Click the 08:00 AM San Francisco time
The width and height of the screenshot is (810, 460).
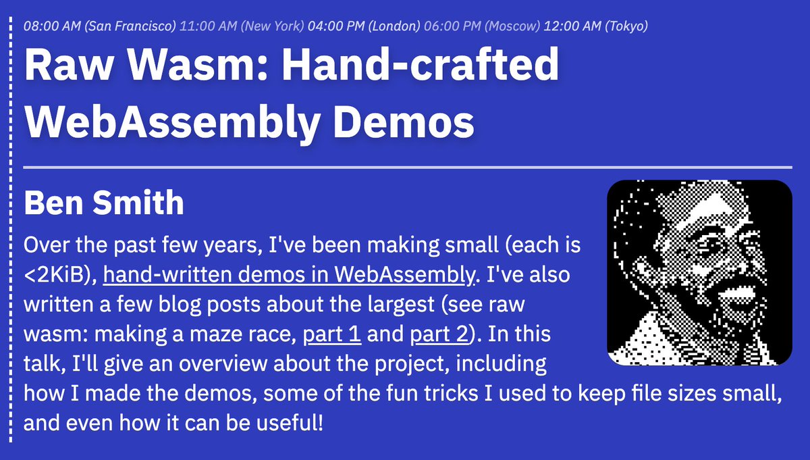[x=99, y=26]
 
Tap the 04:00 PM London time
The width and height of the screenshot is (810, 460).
[x=363, y=26]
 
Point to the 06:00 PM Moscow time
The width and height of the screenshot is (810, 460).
[x=482, y=26]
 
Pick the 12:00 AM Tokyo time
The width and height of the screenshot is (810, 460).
[x=596, y=26]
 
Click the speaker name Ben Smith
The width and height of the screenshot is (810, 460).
[x=103, y=203]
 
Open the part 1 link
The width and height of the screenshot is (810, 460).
[x=332, y=334]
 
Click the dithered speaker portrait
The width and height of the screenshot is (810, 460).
[x=699, y=273]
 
